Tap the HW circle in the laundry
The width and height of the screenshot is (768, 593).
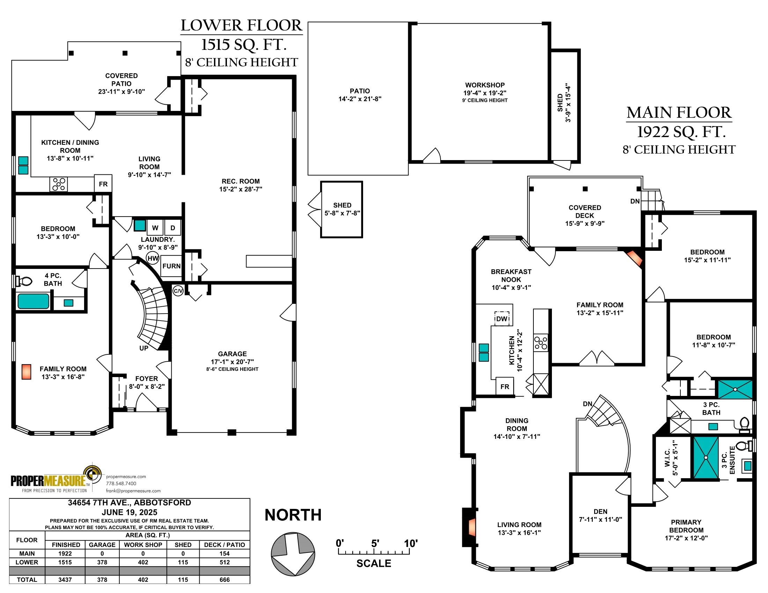153,258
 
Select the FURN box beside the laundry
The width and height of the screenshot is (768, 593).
171,266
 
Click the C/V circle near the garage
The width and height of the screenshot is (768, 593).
178,291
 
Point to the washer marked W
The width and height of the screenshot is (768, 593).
155,228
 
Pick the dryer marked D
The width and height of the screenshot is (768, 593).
173,228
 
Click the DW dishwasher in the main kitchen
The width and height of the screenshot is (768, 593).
502,318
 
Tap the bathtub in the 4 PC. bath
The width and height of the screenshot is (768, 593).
34,301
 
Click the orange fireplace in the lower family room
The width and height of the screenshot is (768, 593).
26,372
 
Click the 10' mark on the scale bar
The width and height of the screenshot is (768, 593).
411,543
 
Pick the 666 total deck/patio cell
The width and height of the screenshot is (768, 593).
224,580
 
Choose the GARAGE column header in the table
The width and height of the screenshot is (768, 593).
102,545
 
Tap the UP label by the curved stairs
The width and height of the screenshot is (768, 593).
144,348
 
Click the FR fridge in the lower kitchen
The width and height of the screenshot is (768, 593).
103,184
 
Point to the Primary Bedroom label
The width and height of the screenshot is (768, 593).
686,530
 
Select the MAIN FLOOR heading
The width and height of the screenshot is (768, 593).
679,113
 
